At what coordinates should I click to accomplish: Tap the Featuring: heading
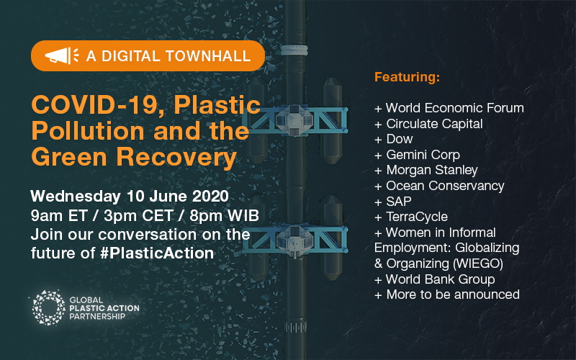407,76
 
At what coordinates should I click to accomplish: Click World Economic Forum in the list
454,108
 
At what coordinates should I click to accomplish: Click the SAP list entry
397,201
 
